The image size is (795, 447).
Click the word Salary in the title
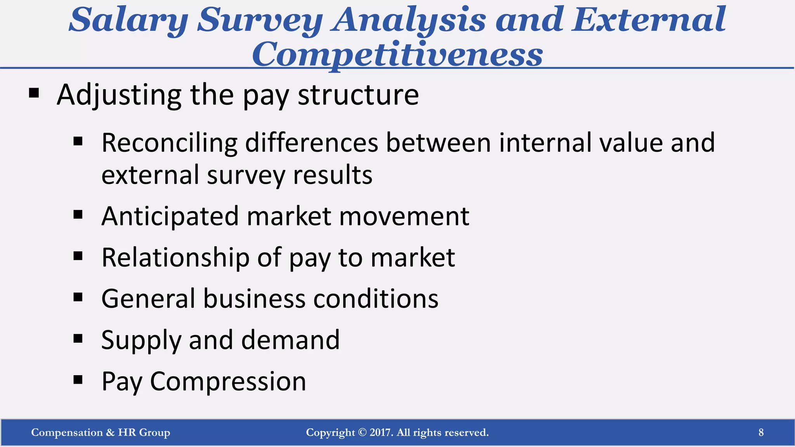[x=128, y=20]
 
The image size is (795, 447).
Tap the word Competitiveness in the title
[x=397, y=55]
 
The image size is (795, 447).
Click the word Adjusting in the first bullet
[x=119, y=95]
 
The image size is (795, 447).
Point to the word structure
[x=358, y=95]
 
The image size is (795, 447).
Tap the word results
[x=333, y=175]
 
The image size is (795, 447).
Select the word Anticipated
[x=170, y=216]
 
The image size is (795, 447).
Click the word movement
[x=404, y=216]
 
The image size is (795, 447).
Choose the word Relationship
[x=175, y=258]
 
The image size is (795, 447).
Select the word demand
[x=290, y=340]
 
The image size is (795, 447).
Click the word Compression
[x=228, y=381]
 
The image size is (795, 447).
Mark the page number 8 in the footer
[x=761, y=432]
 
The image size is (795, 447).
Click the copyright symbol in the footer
[x=362, y=432]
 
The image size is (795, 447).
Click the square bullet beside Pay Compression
[x=78, y=379]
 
